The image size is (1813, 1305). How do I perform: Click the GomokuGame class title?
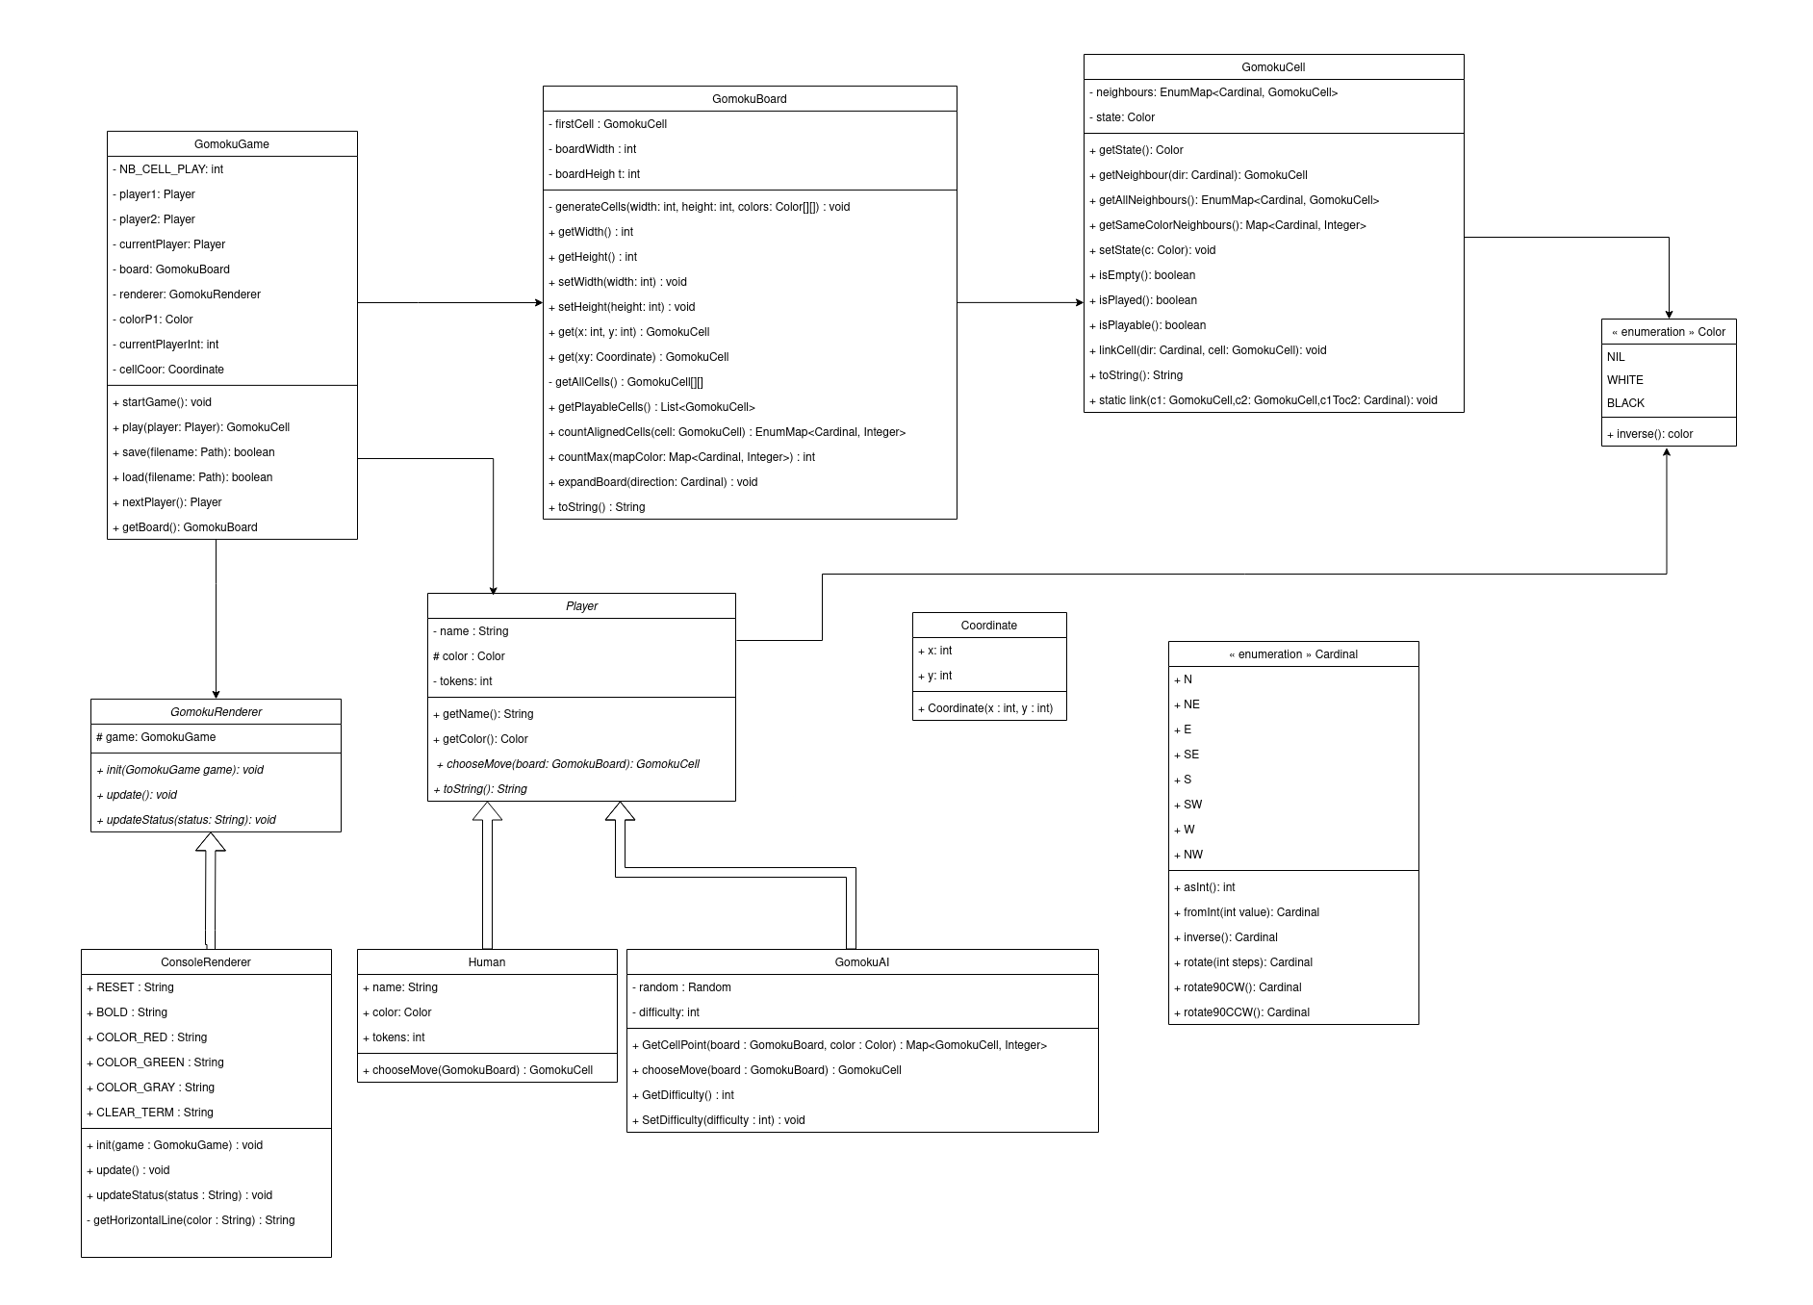[232, 144]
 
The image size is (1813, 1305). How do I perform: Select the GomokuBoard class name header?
[750, 99]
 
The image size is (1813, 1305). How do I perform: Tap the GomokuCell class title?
[1273, 67]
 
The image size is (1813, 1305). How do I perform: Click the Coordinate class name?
[989, 626]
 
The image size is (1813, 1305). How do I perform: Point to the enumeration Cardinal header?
[1293, 654]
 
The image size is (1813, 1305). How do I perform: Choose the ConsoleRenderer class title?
[206, 962]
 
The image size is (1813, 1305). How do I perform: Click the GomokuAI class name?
[862, 962]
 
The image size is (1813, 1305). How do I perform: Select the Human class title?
[487, 962]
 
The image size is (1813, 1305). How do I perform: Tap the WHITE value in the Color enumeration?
[1625, 380]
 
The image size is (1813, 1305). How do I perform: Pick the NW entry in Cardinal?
[1192, 855]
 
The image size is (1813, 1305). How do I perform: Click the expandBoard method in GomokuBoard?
[657, 482]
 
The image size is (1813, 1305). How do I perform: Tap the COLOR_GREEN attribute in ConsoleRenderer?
[154, 1062]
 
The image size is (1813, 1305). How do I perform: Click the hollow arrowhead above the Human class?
[487, 812]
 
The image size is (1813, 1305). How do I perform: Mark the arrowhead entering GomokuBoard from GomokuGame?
[538, 303]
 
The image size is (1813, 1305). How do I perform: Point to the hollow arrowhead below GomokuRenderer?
[211, 843]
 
